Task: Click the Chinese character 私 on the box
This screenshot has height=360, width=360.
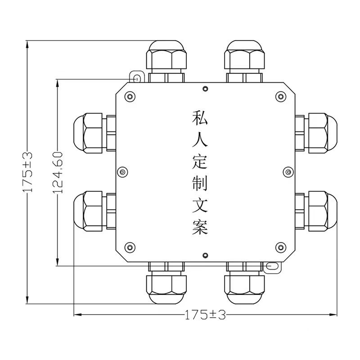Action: coord(199,119)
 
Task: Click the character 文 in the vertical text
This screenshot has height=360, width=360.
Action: coord(199,205)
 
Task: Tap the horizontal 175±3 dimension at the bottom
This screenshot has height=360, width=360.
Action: coord(205,315)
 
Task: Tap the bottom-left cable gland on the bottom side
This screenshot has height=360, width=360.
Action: coord(166,283)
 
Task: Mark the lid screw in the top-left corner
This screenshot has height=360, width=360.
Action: coord(130,96)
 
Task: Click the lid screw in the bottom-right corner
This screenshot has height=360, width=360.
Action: coord(281,247)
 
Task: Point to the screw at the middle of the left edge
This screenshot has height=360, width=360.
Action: coord(122,171)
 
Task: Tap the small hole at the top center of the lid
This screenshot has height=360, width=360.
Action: coord(205,89)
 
